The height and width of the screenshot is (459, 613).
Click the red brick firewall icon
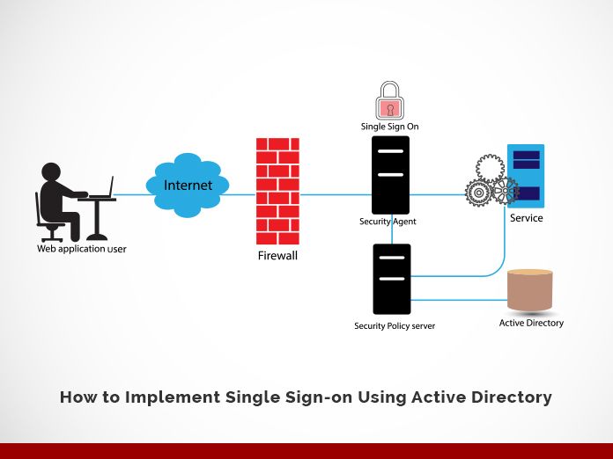click(x=277, y=191)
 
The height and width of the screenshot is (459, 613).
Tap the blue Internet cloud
click(x=188, y=186)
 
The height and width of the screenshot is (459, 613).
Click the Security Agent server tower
click(x=391, y=175)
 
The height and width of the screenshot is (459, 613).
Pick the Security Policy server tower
click(x=391, y=279)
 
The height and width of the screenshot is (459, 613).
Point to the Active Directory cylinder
click(x=530, y=290)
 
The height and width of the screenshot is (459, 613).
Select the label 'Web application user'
click(x=81, y=249)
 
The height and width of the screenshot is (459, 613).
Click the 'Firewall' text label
click(x=277, y=256)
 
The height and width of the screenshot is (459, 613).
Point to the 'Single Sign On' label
click(x=389, y=127)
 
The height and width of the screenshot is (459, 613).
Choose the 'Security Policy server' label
click(x=394, y=326)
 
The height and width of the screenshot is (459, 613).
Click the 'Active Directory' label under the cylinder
click(x=531, y=323)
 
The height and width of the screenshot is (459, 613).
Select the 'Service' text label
click(x=526, y=218)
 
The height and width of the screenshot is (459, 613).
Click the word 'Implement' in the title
click(x=166, y=397)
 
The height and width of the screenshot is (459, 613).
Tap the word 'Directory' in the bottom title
click(x=511, y=397)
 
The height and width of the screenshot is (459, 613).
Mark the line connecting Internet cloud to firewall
click(x=242, y=194)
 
